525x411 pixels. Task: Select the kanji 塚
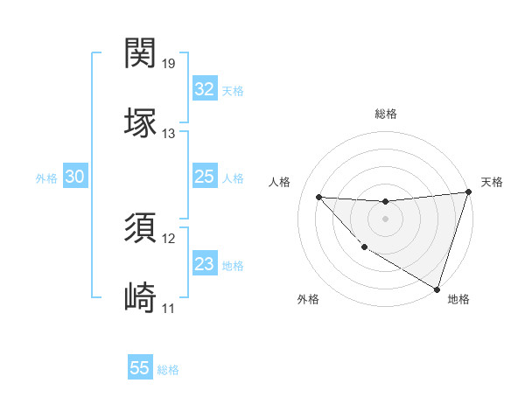tap(141, 122)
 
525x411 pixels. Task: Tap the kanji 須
tap(141, 227)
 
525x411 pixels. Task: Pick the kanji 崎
tap(141, 296)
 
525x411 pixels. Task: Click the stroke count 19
tap(169, 64)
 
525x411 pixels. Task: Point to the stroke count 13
tap(169, 134)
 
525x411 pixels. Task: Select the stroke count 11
tap(168, 309)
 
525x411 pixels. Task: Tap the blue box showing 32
tap(205, 89)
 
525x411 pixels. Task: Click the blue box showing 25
tap(205, 177)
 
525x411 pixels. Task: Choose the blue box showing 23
tap(205, 264)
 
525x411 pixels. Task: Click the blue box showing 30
tap(75, 177)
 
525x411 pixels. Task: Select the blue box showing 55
tap(140, 368)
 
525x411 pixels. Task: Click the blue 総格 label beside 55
tap(168, 370)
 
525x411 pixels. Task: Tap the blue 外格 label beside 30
tap(46, 178)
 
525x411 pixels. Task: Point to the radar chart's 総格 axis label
tap(385, 114)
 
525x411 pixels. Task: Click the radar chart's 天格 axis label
tap(492, 182)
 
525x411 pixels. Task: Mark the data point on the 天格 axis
tap(468, 192)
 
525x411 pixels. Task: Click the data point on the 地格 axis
tap(437, 289)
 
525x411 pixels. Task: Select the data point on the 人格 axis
tap(318, 197)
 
